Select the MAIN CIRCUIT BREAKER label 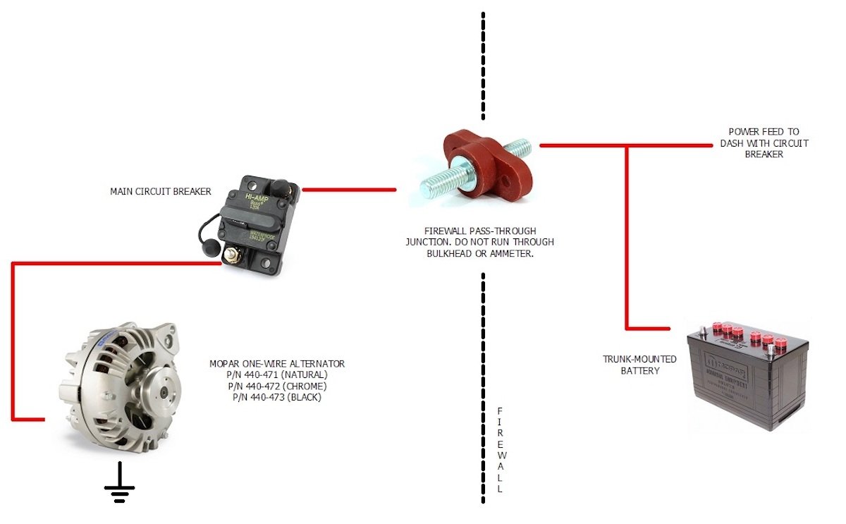pyautogui.click(x=161, y=191)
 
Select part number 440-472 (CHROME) pyautogui.click(x=277, y=386)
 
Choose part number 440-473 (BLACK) pyautogui.click(x=277, y=398)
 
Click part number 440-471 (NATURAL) pyautogui.click(x=277, y=375)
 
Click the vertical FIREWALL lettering pyautogui.click(x=500, y=449)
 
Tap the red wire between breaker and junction pyautogui.click(x=348, y=190)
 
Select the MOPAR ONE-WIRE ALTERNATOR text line pyautogui.click(x=277, y=364)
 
